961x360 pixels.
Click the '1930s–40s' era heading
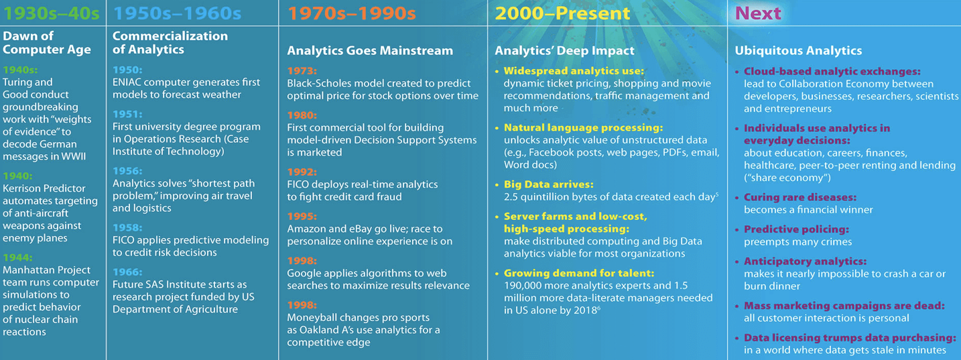coord(51,13)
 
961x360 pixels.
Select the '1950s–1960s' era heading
coord(177,13)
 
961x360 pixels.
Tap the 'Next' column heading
coord(758,13)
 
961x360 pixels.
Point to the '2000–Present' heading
coord(562,13)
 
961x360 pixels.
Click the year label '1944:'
coord(17,257)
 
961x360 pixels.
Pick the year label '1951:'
coord(127,114)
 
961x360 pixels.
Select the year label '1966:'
coord(127,272)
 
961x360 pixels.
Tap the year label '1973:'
coord(302,71)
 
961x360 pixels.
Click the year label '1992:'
coord(302,172)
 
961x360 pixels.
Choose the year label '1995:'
coord(302,217)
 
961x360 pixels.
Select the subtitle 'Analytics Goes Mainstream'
coord(370,51)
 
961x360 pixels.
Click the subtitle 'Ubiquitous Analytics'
coord(798,51)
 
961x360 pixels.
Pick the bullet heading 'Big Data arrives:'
coord(549,184)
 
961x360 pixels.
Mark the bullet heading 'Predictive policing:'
coord(796,229)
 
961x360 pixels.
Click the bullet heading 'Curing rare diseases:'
coord(800,197)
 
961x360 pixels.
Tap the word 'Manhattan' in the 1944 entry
coord(25,270)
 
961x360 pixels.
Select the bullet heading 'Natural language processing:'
coord(584,127)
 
